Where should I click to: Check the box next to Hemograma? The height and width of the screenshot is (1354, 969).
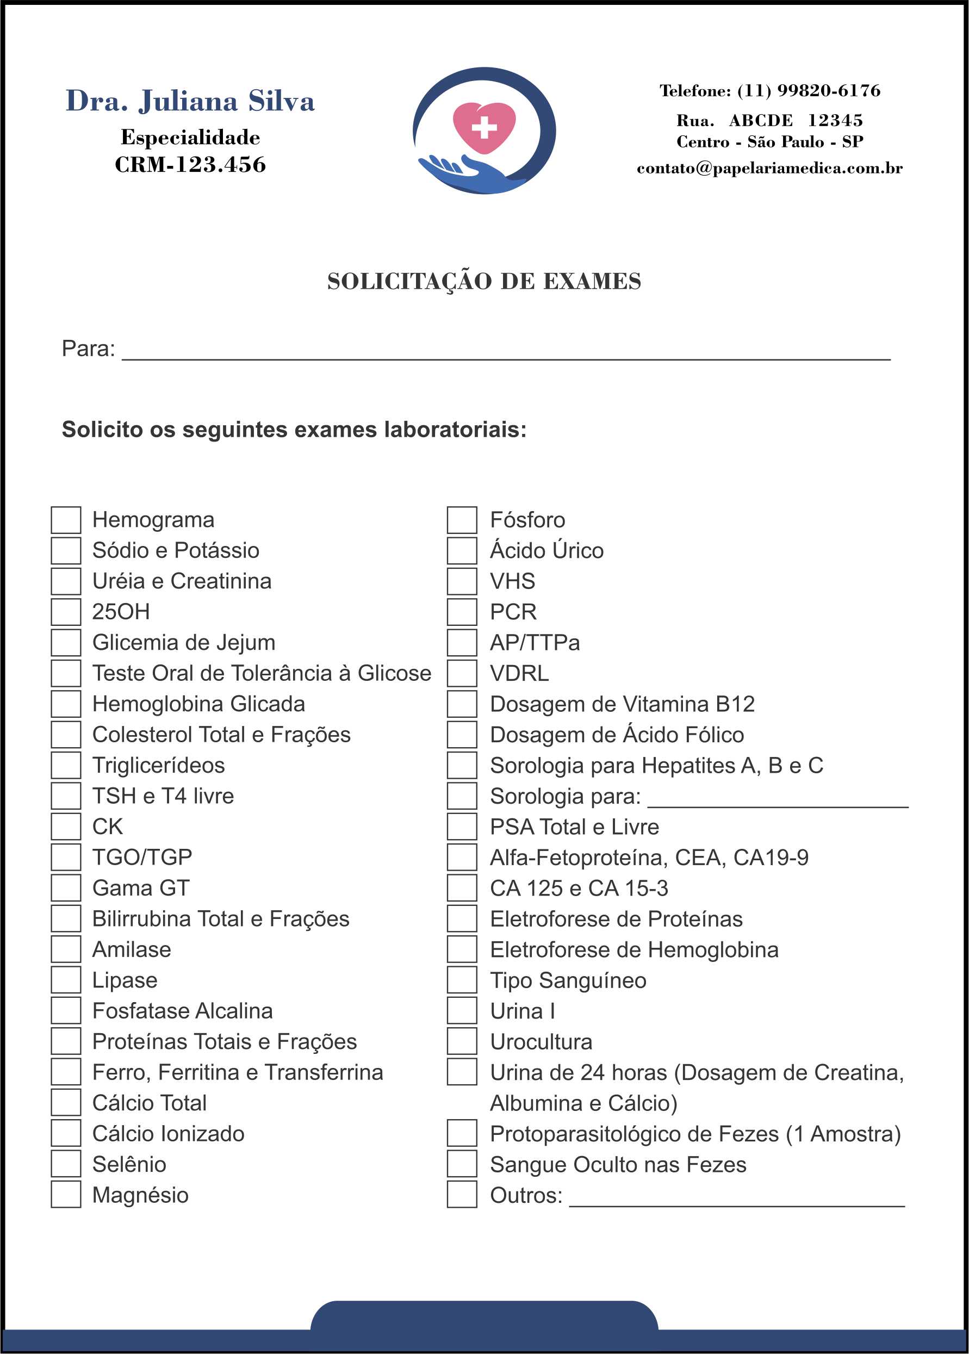66,520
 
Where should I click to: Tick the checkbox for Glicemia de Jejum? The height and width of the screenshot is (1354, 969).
66,643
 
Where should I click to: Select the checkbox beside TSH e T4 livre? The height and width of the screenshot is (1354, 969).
66,796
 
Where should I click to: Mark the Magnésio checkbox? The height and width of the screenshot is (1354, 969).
66,1195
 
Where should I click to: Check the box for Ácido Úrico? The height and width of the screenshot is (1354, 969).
462,550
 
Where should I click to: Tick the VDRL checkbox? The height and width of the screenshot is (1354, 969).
462,673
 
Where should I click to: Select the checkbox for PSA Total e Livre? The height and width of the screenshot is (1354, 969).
462,827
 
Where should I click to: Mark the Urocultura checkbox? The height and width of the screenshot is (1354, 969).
462,1042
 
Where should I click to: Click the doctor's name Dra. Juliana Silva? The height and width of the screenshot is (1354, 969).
190,100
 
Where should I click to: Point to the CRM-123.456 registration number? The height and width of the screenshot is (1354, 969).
190,165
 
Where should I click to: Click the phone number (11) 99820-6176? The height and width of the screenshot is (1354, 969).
809,91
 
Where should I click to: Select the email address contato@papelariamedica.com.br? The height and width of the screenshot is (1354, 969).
770,168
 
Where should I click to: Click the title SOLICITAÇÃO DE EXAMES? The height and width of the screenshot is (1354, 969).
484,281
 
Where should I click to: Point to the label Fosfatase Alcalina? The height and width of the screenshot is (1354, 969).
183,1011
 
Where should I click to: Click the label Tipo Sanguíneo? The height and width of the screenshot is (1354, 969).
568,980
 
